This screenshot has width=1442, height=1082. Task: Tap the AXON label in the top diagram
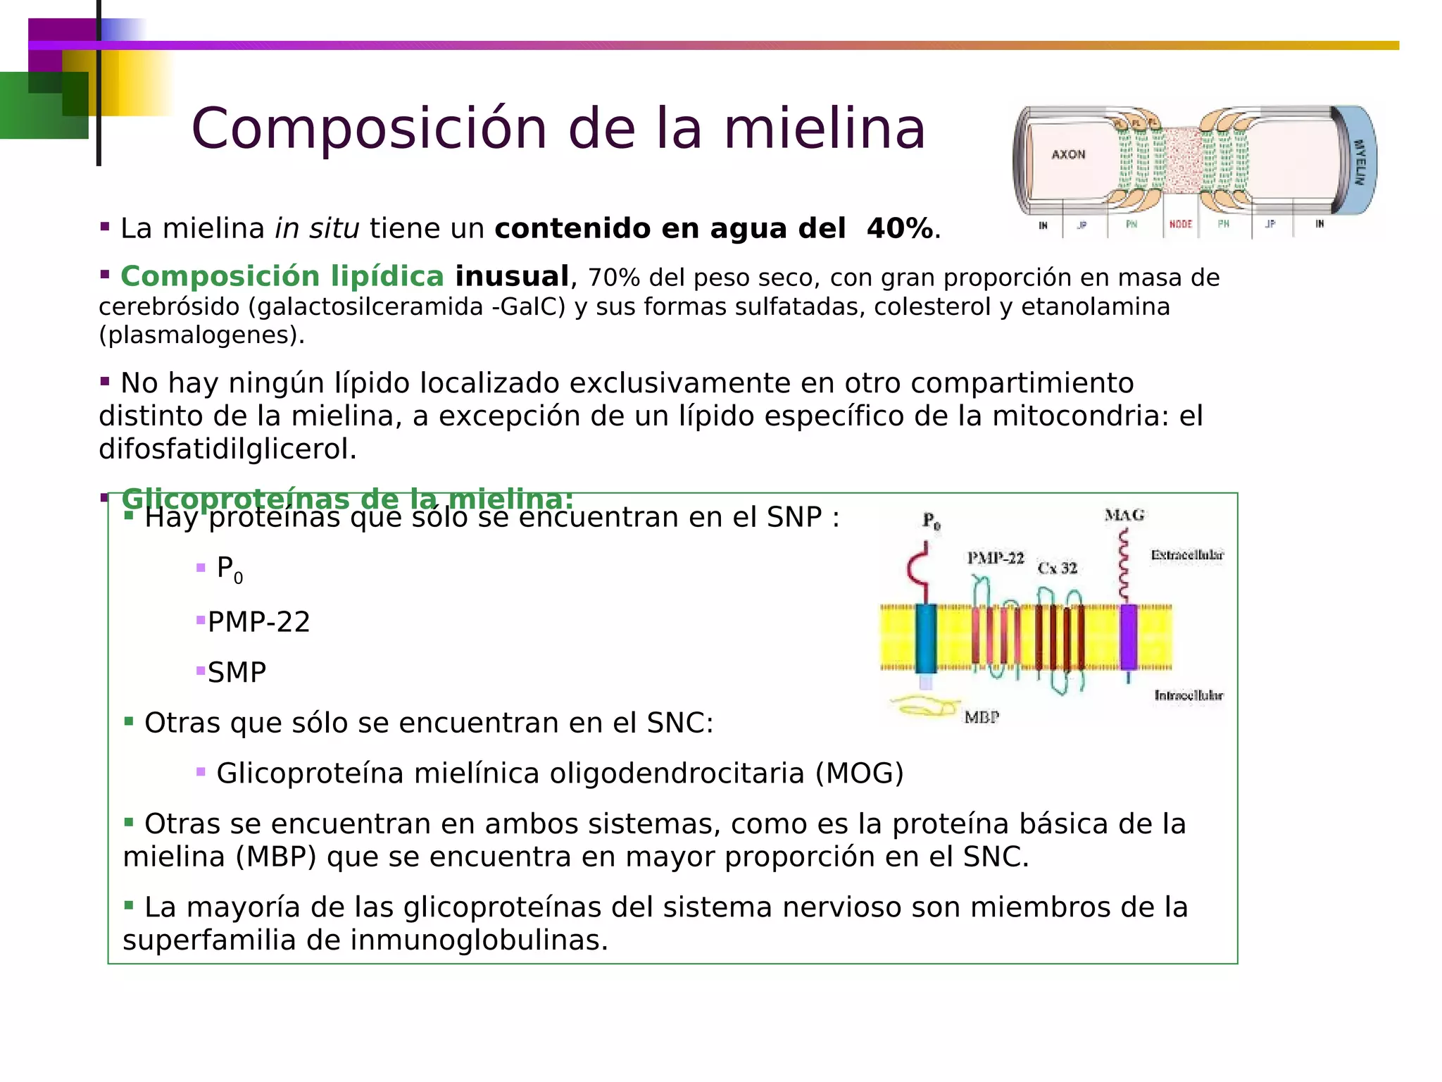pos(1068,154)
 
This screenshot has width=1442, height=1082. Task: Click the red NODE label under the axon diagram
pos(1181,224)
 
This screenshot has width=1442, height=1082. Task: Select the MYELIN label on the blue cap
pos(1360,162)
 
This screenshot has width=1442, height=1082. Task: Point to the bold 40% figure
pos(899,229)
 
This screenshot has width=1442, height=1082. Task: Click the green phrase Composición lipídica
pos(282,276)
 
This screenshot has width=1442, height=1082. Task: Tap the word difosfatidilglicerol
pos(227,449)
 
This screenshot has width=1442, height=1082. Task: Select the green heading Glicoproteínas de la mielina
pos(347,499)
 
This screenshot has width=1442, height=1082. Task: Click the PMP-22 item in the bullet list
pos(258,622)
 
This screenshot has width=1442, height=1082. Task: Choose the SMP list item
pos(237,673)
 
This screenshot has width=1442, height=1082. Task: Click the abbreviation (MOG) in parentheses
pos(859,773)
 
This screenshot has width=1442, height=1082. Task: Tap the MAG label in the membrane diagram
pos(1124,515)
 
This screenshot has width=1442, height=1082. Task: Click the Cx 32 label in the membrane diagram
pos(1057,568)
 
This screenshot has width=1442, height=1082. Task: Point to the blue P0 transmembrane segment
pos(926,638)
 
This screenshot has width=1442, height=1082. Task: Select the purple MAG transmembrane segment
pos(1128,636)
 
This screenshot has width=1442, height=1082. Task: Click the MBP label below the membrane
pos(982,717)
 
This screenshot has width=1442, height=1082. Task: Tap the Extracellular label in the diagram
pos(1187,555)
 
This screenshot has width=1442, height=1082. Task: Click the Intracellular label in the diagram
pos(1189,695)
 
